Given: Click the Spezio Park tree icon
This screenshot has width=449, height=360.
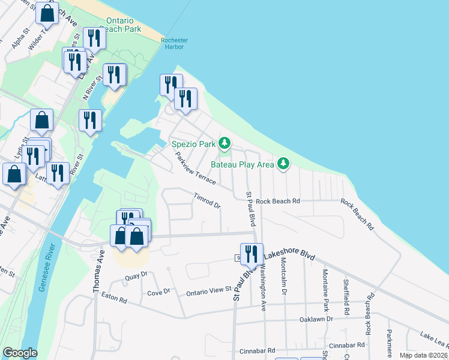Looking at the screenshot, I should pyautogui.click(x=224, y=143).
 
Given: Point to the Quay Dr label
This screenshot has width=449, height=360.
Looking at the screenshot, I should pyautogui.click(x=136, y=277).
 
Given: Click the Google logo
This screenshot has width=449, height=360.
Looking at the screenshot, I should pyautogui.click(x=20, y=352).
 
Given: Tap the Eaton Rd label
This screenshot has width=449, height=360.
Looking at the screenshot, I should pyautogui.click(x=114, y=296).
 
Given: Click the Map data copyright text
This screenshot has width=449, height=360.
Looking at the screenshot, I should pyautogui.click(x=423, y=355).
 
